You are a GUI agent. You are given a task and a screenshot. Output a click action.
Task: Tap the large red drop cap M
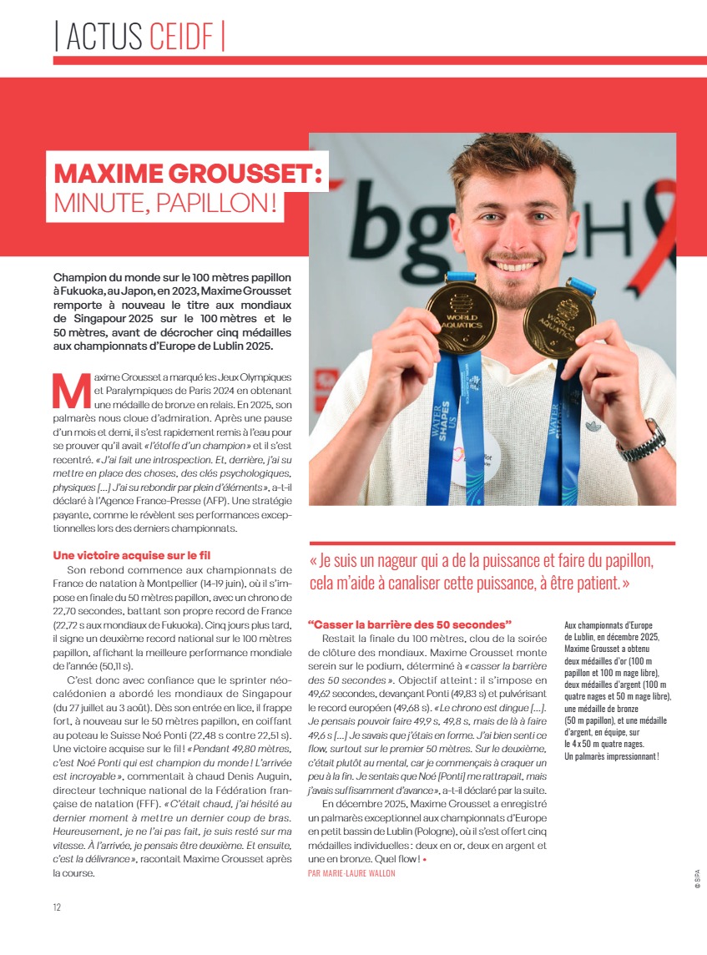coord(70,388)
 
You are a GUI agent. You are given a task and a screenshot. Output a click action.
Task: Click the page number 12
coord(57,907)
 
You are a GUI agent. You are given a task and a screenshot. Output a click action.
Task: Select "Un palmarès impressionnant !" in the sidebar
coord(612,756)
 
